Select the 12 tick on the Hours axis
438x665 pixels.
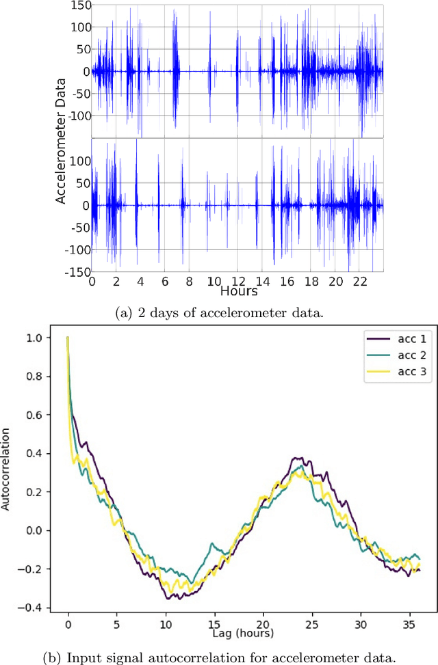click(237, 281)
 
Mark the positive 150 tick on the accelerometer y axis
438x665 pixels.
click(78, 6)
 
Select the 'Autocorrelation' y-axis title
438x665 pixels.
click(7, 470)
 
